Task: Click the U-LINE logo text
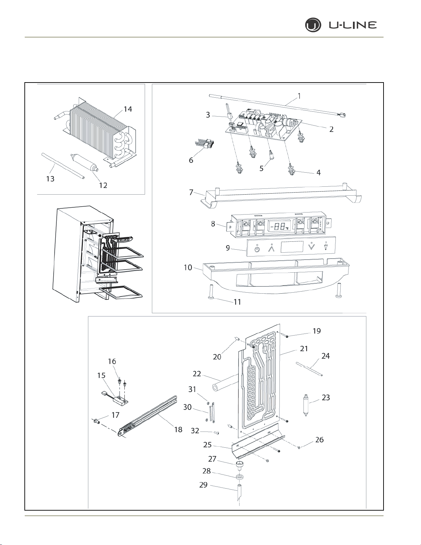(x=353, y=25)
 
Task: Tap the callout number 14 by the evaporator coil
(x=128, y=109)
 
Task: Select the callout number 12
(x=103, y=185)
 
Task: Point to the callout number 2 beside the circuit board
(x=331, y=129)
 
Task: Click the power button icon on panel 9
(x=257, y=249)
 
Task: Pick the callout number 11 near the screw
(x=237, y=302)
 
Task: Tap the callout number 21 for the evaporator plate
(x=304, y=349)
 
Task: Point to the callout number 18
(x=178, y=429)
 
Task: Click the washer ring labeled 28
(x=240, y=476)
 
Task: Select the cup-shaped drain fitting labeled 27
(x=240, y=465)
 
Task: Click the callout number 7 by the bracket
(x=191, y=192)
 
